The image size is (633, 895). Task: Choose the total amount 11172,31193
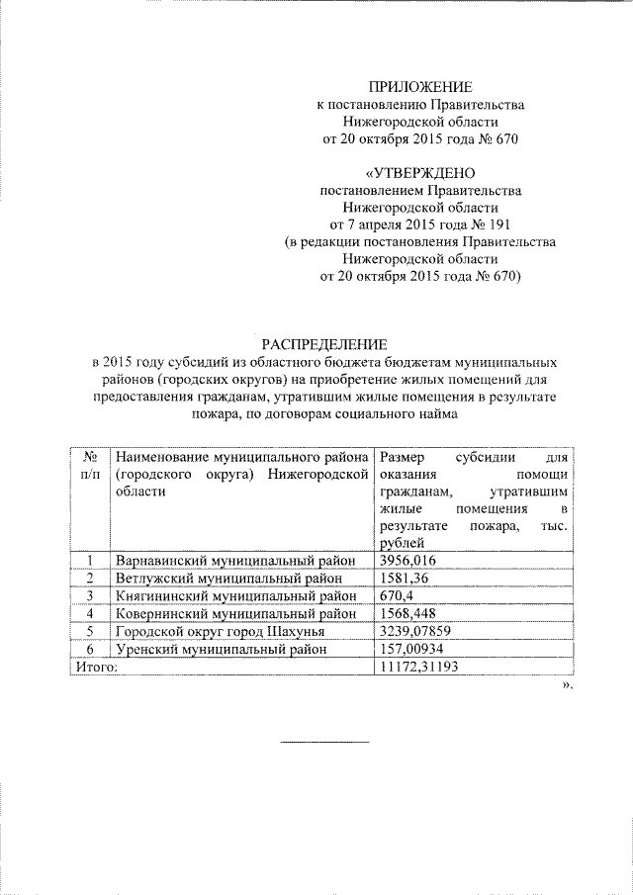click(418, 668)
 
